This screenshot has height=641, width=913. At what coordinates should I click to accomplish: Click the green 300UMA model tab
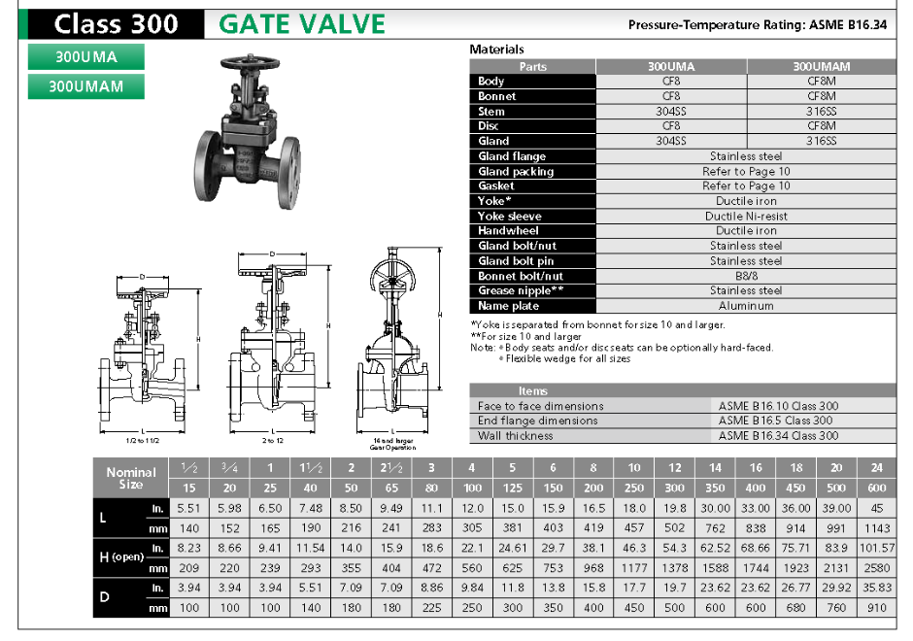tap(85, 57)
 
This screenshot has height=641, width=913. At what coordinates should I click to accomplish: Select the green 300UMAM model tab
tap(85, 86)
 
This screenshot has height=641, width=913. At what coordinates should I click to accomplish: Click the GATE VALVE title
tap(302, 24)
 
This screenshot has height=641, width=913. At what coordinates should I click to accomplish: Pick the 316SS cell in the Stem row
tap(821, 112)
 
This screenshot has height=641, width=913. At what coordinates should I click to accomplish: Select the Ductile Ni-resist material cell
tap(746, 217)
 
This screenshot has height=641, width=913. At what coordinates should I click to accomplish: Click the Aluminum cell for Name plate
tap(746, 306)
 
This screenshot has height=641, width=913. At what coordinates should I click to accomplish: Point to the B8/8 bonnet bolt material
tap(746, 276)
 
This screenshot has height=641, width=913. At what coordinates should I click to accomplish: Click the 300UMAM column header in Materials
tap(821, 67)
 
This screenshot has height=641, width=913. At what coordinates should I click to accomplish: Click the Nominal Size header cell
tap(131, 478)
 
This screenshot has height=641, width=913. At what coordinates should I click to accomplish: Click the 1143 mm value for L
tap(876, 528)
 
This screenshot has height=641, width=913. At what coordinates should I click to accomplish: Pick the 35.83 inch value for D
tap(876, 589)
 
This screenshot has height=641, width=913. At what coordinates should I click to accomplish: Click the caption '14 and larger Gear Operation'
tap(393, 444)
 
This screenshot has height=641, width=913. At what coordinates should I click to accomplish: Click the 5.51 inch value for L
tap(186, 508)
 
